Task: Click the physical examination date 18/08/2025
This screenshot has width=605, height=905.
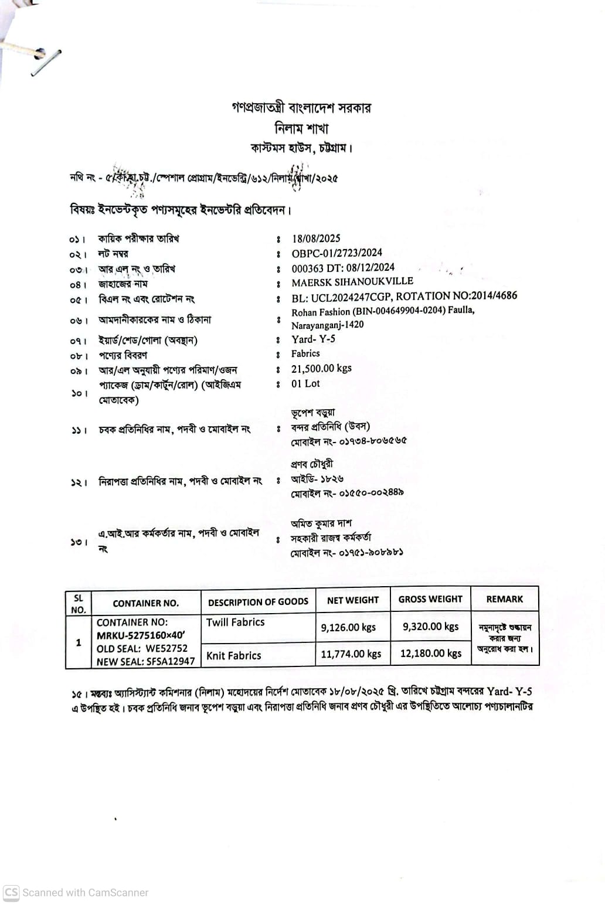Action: pos(316,238)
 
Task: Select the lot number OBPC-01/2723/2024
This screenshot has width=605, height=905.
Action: pos(337,253)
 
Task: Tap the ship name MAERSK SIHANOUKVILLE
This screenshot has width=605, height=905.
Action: pos(352,282)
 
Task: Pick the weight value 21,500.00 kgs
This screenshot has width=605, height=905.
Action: pos(321,369)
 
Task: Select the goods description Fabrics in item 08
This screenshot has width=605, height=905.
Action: pos(305,353)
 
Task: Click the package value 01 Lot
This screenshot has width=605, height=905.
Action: pos(305,384)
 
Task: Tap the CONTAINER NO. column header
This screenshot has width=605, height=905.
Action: pos(145,603)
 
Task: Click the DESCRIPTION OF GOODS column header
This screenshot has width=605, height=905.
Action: pos(258,602)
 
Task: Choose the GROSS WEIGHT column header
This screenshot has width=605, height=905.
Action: pos(430,599)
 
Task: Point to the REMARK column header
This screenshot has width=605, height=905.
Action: pos(504,599)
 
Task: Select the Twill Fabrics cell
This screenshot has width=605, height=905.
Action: pos(236,622)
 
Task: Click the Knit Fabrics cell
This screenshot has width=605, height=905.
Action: pos(234,656)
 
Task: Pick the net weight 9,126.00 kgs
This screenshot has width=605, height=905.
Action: pos(348,627)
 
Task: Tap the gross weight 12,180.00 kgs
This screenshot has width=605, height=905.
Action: pos(431,654)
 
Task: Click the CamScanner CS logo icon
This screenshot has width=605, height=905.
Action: pos(11,893)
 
